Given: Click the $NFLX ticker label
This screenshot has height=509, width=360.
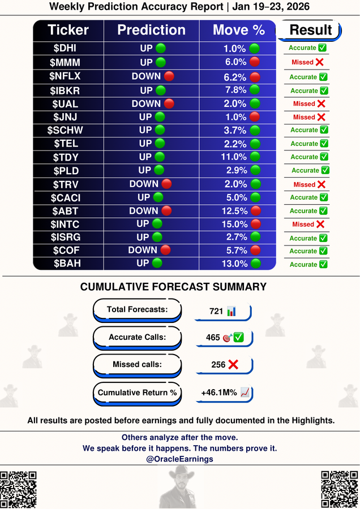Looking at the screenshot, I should coord(69,77).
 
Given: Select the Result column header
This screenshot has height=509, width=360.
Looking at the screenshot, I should coord(310,30).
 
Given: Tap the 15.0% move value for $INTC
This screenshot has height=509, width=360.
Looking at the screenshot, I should coord(235,224).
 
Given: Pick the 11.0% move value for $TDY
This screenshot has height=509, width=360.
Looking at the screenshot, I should coord(235,157).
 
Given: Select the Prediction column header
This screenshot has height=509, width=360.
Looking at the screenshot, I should coord(151,30).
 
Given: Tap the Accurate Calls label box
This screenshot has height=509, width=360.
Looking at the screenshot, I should coord(137,337).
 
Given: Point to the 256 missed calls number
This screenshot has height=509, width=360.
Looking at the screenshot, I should coord(218,365).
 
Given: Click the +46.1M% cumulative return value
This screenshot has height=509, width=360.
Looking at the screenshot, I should coord(219,392).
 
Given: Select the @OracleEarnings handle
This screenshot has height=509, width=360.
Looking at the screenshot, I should coord(179,459).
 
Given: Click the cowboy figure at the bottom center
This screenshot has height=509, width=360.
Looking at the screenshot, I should coord(180,487).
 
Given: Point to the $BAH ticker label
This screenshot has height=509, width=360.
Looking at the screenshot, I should coord(69,264).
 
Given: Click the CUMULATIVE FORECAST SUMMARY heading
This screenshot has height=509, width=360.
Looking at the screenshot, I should coord(173,287).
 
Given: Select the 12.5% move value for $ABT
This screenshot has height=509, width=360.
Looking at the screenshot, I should coord(235,210).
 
